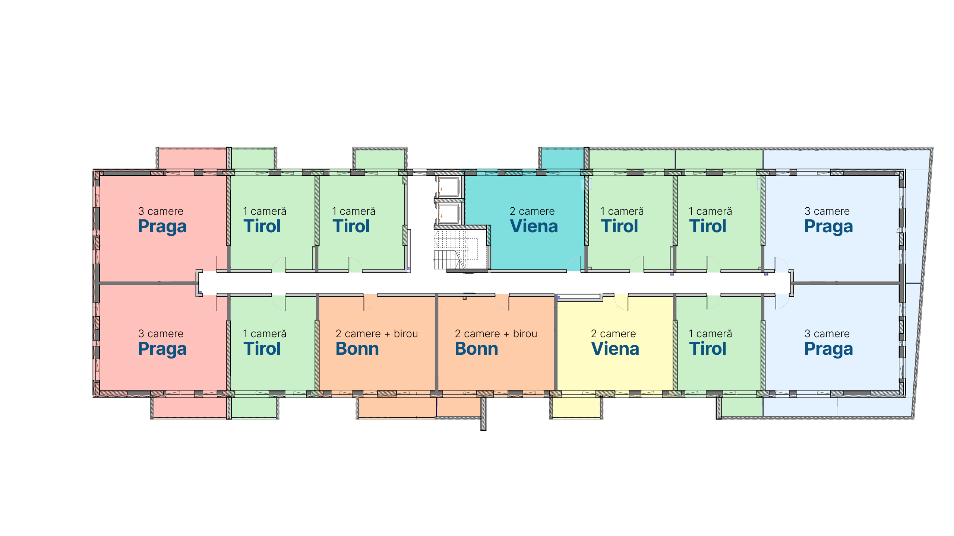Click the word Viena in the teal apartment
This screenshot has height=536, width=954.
tap(534, 226)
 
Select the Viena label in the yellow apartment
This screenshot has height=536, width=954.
tap(615, 349)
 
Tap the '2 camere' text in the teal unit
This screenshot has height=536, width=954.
tap(532, 211)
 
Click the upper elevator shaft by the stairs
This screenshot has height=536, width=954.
tap(449, 187)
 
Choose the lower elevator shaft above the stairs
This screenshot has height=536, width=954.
tap(449, 213)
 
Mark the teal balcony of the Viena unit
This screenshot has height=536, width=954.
tap(562, 159)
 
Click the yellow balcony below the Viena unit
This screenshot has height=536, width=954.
tap(576, 407)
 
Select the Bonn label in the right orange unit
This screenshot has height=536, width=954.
tap(476, 349)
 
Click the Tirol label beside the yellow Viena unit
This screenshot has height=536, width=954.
tap(708, 349)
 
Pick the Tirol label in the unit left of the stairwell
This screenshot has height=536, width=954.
tap(351, 226)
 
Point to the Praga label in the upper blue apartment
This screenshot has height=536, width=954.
tap(828, 227)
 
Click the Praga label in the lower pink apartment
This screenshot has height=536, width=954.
tap(162, 349)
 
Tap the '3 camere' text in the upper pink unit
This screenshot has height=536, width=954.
tap(161, 211)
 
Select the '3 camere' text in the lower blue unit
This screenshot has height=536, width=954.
tap(827, 334)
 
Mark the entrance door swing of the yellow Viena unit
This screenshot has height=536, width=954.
tap(621, 302)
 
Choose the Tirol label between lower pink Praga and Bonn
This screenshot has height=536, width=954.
tap(262, 349)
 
